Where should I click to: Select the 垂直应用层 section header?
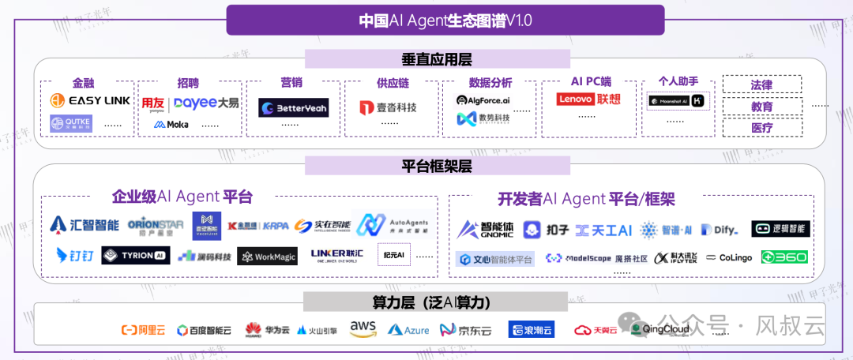[x=437, y=60]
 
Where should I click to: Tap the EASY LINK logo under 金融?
[x=89, y=100]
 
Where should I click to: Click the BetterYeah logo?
[x=293, y=107]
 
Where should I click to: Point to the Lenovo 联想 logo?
[x=588, y=99]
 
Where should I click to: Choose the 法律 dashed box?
[x=761, y=84]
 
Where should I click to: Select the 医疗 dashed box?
[x=761, y=127]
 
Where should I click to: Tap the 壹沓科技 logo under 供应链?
[x=387, y=107]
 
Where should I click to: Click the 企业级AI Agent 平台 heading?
[x=182, y=197]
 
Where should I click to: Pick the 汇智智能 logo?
[x=84, y=225]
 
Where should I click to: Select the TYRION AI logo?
[x=135, y=255]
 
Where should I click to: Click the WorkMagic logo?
[x=267, y=257]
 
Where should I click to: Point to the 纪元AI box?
[x=393, y=255]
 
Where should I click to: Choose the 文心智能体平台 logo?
[x=494, y=258]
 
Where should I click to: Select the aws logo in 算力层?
[x=363, y=328]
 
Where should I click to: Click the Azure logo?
[x=408, y=329]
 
